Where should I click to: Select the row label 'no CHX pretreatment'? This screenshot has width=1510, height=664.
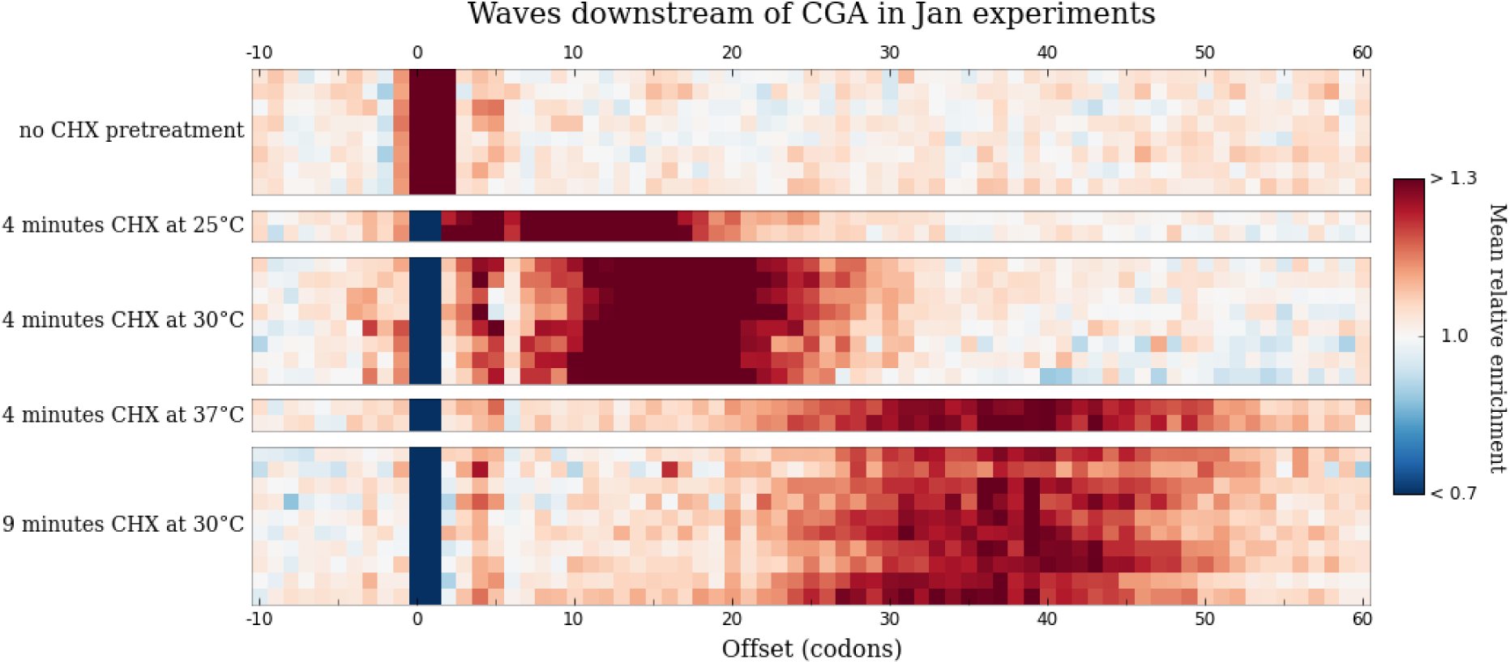pos(131,130)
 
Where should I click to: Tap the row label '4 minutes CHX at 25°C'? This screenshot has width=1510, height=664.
pos(123,225)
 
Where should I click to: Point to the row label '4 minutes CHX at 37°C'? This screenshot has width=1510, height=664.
pos(123,414)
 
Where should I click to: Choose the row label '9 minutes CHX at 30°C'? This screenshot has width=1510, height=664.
pos(123,524)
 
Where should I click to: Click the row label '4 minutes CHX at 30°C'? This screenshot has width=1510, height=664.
pos(123,319)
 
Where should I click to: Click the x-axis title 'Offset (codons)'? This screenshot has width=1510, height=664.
pos(811,649)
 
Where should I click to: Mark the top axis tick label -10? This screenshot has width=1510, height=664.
pos(259,53)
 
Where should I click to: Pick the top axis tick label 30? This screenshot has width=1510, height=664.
pos(889,53)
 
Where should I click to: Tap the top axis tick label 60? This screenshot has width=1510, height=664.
pos(1362,53)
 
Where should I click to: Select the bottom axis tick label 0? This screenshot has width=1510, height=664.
pos(417,619)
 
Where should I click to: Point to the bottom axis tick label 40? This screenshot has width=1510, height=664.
pos(1046,619)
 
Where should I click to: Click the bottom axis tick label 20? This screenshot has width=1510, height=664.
pos(732,619)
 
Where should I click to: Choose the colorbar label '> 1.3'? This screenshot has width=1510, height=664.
pos(1453,178)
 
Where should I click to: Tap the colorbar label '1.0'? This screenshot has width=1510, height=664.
pos(1454,336)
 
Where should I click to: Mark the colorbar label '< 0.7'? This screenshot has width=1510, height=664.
pos(1453,493)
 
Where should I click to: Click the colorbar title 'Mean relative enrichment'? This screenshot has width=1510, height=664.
pos(1497,337)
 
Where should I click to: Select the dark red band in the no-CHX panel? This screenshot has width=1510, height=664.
pos(432,132)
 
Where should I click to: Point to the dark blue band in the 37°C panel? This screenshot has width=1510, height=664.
pos(425,415)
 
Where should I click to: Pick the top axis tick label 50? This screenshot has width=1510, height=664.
pos(1204,53)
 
